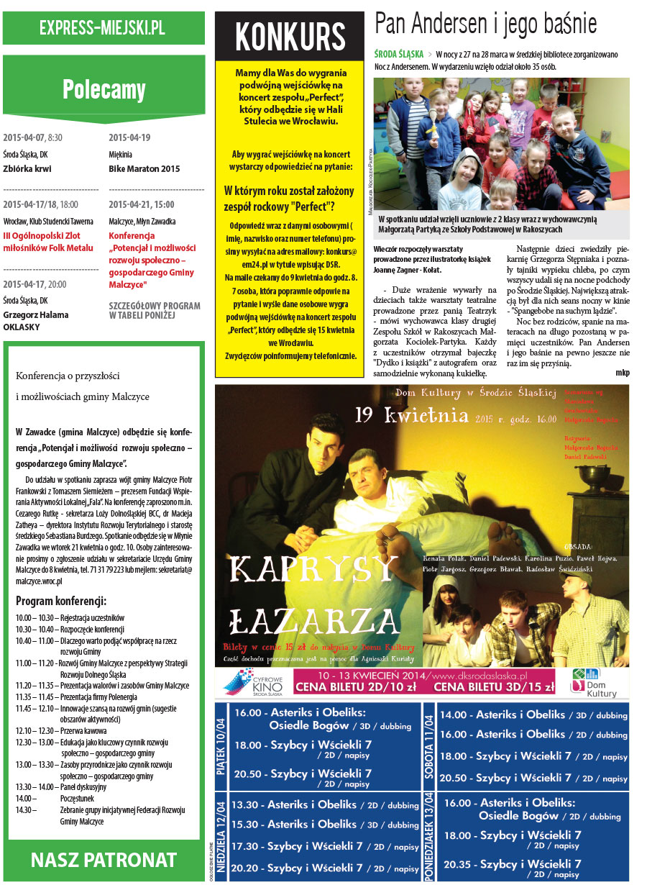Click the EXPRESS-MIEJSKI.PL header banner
(x=103, y=29)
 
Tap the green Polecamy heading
(x=104, y=89)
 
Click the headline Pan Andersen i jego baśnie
(x=486, y=24)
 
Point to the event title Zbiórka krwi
(x=27, y=170)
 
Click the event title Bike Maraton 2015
(x=144, y=170)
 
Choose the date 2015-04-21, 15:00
(x=142, y=204)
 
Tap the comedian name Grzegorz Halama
(x=36, y=315)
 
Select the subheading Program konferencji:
(x=61, y=601)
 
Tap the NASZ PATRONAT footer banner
(x=104, y=860)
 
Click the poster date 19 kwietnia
(x=410, y=417)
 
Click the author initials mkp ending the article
(x=623, y=373)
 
